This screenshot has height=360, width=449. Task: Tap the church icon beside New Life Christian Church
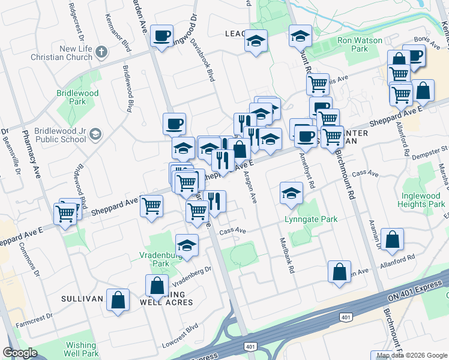(x=101, y=50)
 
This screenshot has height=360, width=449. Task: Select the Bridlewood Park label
(x=73, y=98)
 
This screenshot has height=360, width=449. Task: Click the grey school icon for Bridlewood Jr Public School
(x=95, y=135)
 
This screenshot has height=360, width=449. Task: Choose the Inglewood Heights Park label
(x=420, y=200)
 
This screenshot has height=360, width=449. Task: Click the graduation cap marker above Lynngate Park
(x=291, y=193)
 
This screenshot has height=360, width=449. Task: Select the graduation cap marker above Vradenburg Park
(x=187, y=245)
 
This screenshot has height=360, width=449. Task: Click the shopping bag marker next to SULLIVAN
(x=118, y=300)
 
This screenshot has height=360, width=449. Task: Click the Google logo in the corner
(x=20, y=352)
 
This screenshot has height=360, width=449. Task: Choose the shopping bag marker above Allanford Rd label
(x=392, y=240)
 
